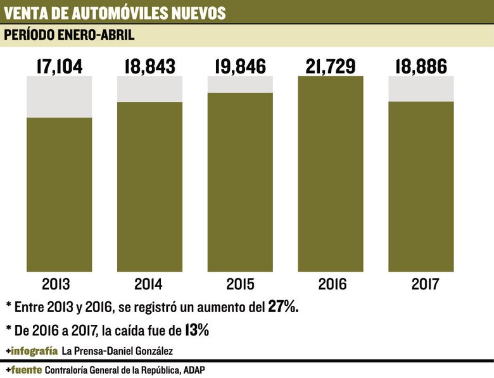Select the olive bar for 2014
tap(149, 187)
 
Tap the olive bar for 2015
tap(240, 182)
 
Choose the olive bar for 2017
tap(421, 187)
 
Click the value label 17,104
tap(59, 66)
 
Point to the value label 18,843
tap(149, 66)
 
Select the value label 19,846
tap(240, 66)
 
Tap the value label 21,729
tap(331, 66)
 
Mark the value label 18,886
tap(421, 66)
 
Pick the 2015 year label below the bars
tap(240, 284)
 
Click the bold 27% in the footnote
tap(283, 307)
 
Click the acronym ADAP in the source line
tap(201, 369)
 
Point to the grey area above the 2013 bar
tap(59, 96)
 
